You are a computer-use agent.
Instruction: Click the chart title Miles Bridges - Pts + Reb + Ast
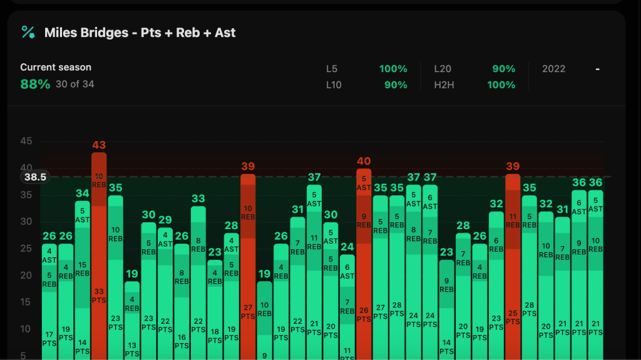click(140, 33)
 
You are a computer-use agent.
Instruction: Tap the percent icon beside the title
click(28, 33)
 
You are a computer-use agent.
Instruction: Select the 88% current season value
click(35, 84)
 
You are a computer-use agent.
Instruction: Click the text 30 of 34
click(74, 84)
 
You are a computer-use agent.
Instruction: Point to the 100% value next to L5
click(393, 69)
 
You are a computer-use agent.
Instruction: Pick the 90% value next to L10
click(396, 85)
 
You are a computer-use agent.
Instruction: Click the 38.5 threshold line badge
click(35, 177)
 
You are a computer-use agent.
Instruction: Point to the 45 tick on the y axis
click(26, 141)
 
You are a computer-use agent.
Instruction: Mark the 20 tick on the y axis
click(26, 275)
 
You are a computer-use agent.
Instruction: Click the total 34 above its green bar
click(83, 193)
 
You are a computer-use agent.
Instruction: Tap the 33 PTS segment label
click(99, 296)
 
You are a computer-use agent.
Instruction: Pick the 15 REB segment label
click(83, 269)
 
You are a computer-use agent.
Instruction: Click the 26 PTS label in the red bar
click(364, 314)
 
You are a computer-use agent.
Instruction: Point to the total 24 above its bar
click(347, 247)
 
